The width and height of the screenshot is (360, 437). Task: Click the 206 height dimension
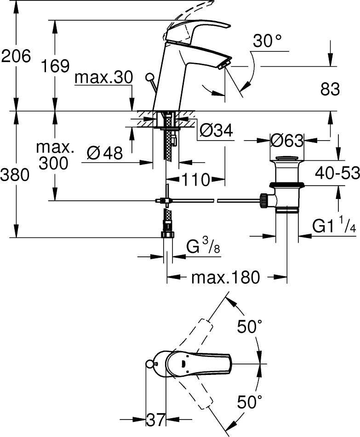point(16,57)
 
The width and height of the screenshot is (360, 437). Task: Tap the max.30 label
point(103,78)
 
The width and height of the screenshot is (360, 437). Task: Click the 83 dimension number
point(330,89)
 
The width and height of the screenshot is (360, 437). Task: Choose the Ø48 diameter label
point(105,153)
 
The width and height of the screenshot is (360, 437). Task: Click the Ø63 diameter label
point(287,140)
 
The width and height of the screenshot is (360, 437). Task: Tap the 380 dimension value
point(16,175)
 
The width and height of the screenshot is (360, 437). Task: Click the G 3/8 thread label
point(203,249)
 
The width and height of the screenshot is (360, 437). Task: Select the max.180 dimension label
point(226,278)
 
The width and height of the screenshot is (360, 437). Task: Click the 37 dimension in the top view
point(155,419)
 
